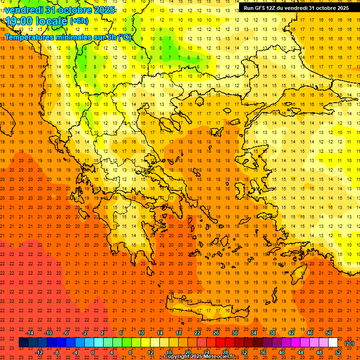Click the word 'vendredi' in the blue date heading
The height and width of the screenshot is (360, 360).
(23, 10)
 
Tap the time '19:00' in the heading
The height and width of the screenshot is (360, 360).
(22, 21)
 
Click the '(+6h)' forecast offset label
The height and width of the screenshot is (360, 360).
(79, 21)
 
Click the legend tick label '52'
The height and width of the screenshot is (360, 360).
(338, 352)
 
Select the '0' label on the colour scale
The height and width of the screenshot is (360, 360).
(93, 352)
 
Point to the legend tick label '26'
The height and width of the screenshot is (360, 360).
(216, 333)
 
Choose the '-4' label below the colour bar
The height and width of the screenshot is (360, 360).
(75, 352)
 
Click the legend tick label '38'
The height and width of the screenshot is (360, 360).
(272, 333)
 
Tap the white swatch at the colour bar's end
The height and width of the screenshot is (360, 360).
(333, 343)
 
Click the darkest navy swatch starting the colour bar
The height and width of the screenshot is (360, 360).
(23, 343)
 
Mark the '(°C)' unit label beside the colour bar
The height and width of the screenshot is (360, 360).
(349, 343)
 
